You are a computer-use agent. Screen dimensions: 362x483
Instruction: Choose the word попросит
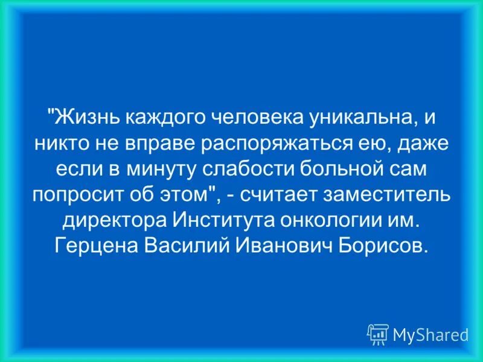[78, 195]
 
